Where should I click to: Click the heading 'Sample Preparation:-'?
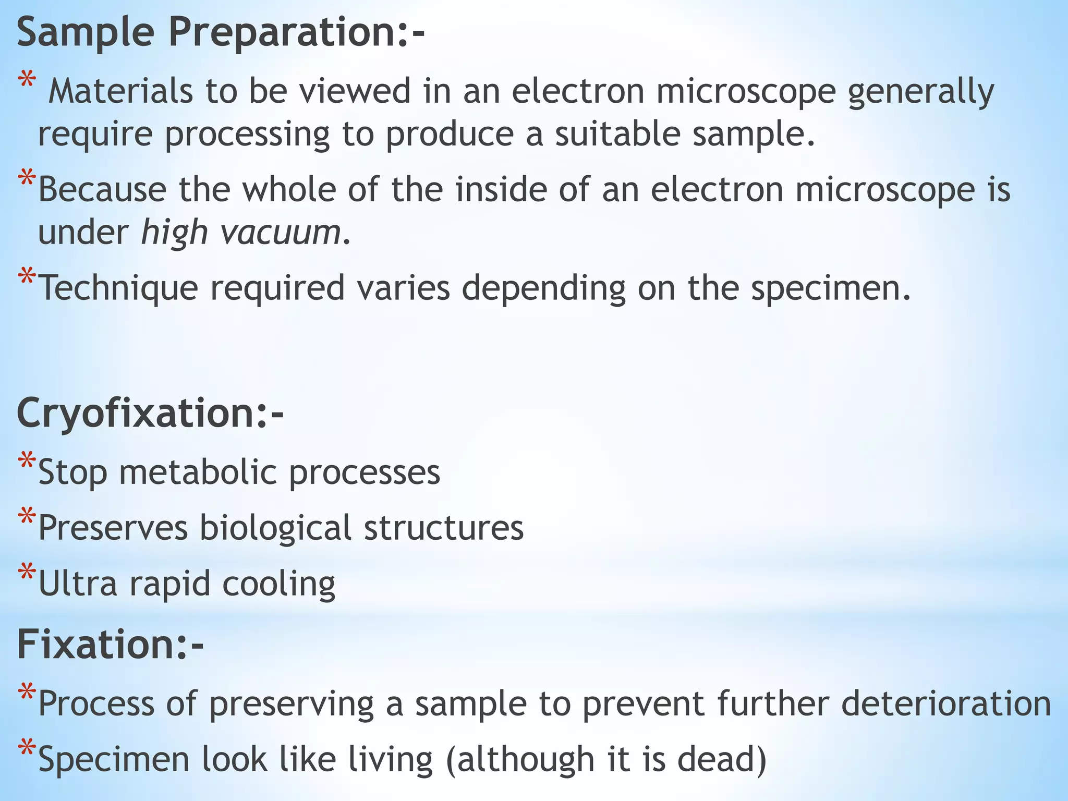[221, 32]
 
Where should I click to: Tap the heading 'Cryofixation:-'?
[150, 413]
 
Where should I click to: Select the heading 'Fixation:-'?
[110, 645]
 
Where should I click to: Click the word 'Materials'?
[120, 91]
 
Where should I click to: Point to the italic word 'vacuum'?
[281, 233]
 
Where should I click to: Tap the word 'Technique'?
[119, 288]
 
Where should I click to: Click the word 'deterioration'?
[946, 703]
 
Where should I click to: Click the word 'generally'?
[921, 92]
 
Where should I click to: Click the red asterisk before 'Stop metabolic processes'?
[26, 461]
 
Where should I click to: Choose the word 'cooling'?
[278, 584]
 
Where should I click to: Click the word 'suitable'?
[617, 134]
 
